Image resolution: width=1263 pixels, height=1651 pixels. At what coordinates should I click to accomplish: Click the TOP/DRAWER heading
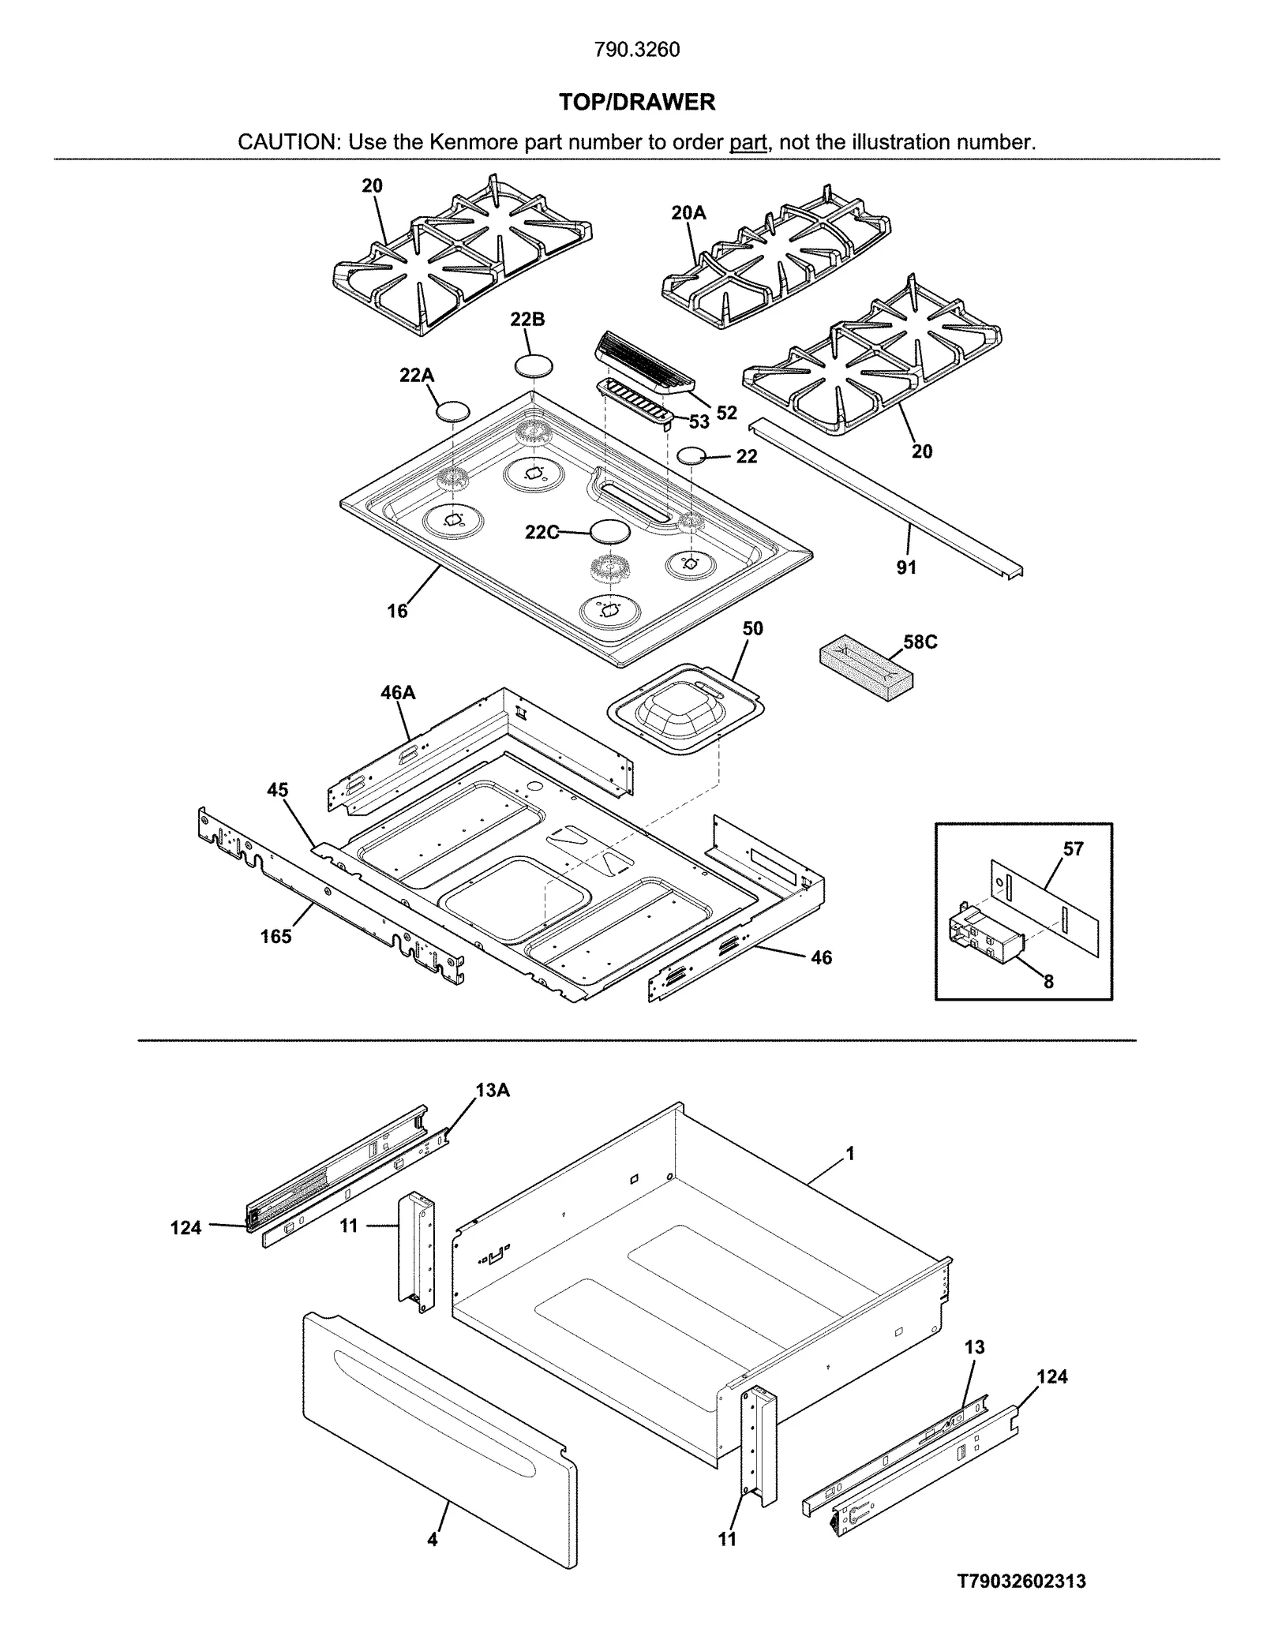coord(636,102)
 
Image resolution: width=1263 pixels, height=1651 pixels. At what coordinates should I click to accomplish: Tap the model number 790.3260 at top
coord(636,50)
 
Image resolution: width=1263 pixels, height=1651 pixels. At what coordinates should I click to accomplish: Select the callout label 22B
coord(527,320)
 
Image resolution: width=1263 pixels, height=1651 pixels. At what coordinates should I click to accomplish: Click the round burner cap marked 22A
coord(453,410)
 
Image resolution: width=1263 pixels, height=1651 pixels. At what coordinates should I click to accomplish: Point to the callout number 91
coord(906,567)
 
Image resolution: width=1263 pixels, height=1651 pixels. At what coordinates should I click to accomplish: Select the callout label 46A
coord(398,693)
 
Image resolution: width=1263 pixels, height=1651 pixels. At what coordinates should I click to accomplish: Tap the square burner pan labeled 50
coord(686,708)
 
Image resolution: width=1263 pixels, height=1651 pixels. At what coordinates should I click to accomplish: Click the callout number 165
coord(275,937)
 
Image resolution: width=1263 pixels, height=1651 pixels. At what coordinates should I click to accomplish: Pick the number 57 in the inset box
coord(1073,849)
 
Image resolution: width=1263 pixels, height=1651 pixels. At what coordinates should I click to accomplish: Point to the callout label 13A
coord(492,1091)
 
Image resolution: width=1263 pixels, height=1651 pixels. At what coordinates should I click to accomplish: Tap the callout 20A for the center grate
coord(688,213)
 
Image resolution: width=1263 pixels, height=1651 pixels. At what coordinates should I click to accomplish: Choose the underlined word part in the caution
coord(748,143)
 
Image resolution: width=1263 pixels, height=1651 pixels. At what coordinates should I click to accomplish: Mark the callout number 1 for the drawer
coord(850,1154)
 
